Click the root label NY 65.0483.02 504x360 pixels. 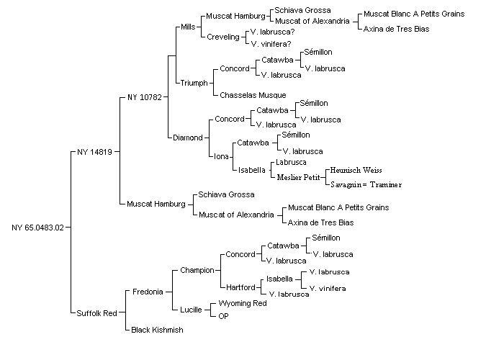pyautogui.click(x=37, y=228)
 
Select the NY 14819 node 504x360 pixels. pyautogui.click(x=94, y=152)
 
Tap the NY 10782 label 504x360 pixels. pyautogui.click(x=145, y=97)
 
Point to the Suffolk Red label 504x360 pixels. pyautogui.click(x=96, y=313)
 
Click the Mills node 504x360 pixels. pyautogui.click(x=188, y=27)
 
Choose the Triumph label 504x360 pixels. pyautogui.click(x=194, y=83)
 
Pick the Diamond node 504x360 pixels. pyautogui.click(x=188, y=138)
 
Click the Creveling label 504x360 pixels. pyautogui.click(x=223, y=37)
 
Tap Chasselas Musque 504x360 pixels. pyautogui.click(x=253, y=95)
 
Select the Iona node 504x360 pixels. pyautogui.click(x=221, y=156)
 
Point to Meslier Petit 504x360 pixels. pyautogui.click(x=298, y=177)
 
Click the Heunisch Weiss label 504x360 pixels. pyautogui.click(x=356, y=170)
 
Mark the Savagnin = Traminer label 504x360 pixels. pyautogui.click(x=366, y=184)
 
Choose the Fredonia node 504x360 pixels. pyautogui.click(x=148, y=292)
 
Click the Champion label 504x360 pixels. pyautogui.click(x=197, y=270)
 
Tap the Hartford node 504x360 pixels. pyautogui.click(x=240, y=287)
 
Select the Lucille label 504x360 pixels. pyautogui.click(x=191, y=310)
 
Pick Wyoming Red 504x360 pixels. pyautogui.click(x=243, y=303)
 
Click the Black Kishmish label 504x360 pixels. pyautogui.click(x=157, y=330)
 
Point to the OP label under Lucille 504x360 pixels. pyautogui.click(x=223, y=316)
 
